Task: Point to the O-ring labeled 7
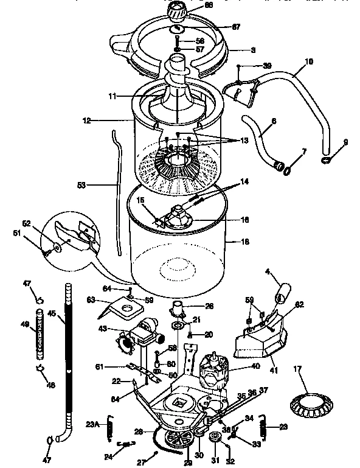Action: click(x=286, y=171)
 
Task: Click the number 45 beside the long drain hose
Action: click(x=52, y=314)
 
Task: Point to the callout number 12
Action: click(x=87, y=120)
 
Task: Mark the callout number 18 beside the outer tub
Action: click(x=246, y=242)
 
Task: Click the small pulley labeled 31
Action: click(x=214, y=439)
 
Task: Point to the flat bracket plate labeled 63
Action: click(x=125, y=309)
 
